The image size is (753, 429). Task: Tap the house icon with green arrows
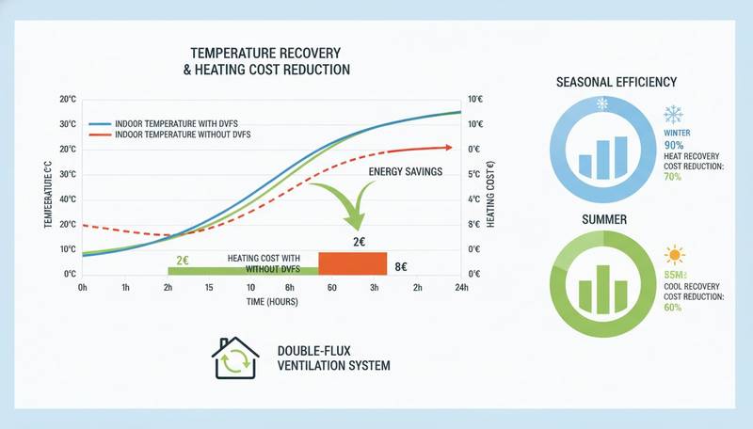click(x=234, y=358)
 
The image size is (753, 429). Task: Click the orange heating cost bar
click(x=353, y=262)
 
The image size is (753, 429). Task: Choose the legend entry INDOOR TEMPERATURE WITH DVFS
click(x=173, y=124)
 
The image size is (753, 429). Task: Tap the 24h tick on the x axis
click(x=461, y=287)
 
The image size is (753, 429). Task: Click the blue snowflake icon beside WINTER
click(x=673, y=115)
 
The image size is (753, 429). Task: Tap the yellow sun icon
click(x=674, y=255)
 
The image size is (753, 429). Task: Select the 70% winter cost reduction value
click(x=673, y=177)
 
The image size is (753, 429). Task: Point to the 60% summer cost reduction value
click(x=673, y=308)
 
